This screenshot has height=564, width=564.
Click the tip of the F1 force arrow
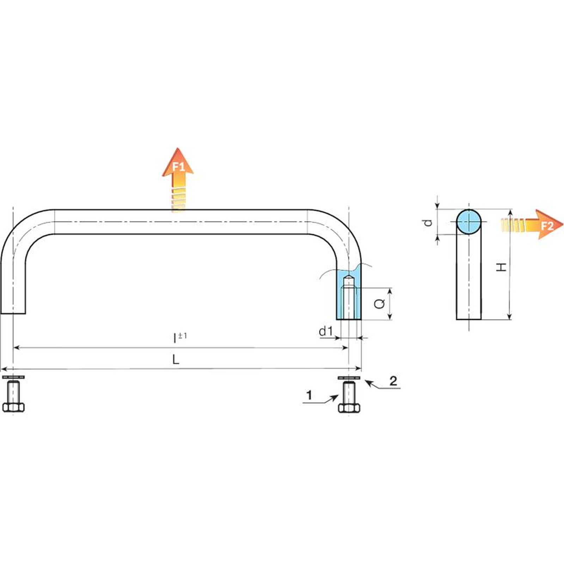(178, 148)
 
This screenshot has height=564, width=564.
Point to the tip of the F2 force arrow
(563, 224)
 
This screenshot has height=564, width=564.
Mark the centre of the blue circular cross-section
(469, 222)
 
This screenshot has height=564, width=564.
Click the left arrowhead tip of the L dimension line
(1, 369)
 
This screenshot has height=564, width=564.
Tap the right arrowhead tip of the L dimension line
(361, 369)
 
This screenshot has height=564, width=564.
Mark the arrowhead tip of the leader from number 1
(337, 396)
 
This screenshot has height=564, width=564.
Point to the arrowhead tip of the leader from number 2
(365, 381)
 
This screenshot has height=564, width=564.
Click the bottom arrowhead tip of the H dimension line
(510, 319)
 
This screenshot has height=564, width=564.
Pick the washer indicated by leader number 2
(349, 378)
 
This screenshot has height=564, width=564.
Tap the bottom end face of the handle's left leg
(13, 313)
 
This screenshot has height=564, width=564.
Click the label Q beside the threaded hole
(380, 304)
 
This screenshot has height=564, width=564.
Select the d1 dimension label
(326, 331)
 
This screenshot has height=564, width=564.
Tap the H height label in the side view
(501, 267)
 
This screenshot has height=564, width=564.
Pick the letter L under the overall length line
(176, 360)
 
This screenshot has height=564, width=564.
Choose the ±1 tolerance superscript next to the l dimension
(182, 335)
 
